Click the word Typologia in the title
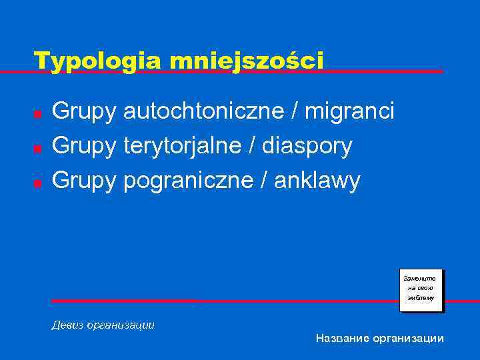point(99,61)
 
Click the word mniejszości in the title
point(246,61)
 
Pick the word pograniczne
point(185,180)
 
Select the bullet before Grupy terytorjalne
point(39,147)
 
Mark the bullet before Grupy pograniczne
point(39,182)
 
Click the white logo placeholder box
point(421,291)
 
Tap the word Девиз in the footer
point(67,325)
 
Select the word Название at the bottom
point(342,339)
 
